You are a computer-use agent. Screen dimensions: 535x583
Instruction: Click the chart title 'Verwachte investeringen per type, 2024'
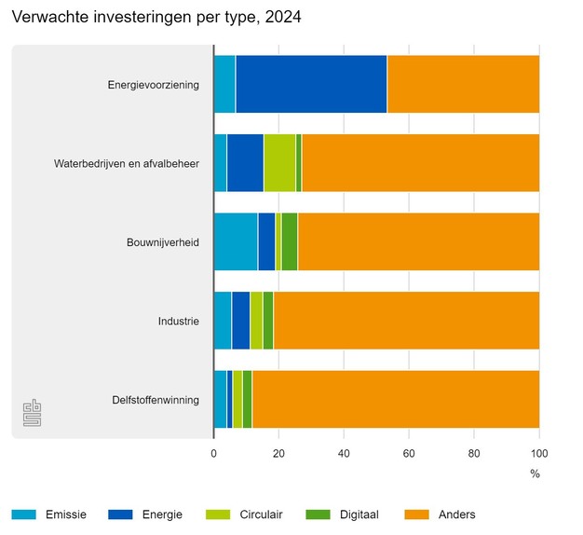[x=156, y=18]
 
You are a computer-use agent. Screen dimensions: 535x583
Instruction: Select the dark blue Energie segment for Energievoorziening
[x=311, y=85]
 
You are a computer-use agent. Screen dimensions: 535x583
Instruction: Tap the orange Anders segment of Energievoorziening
[x=463, y=85]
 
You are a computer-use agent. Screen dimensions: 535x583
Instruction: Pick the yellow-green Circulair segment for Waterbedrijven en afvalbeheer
[x=279, y=163]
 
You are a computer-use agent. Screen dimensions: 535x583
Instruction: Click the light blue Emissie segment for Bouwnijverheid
[x=236, y=241]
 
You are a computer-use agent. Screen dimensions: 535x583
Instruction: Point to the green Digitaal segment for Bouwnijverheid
[x=289, y=241]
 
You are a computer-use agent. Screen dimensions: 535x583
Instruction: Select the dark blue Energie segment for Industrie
[x=240, y=321]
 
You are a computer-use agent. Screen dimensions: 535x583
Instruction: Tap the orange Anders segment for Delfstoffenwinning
[x=396, y=399]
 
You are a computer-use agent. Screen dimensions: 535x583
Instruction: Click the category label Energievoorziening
[x=153, y=86]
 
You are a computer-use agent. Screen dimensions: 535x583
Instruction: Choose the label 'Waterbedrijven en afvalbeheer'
[x=127, y=164]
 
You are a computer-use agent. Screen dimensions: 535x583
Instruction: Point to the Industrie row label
[x=179, y=322]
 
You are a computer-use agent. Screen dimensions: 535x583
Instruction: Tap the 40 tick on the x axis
[x=344, y=454]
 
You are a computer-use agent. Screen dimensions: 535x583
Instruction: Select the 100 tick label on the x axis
[x=538, y=454]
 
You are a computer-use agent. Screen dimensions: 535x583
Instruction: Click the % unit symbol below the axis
[x=535, y=473]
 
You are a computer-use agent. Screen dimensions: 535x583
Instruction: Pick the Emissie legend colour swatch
[x=24, y=514]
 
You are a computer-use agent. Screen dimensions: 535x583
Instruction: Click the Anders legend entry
[x=456, y=514]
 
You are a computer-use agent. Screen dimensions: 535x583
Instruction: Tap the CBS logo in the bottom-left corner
[x=32, y=413]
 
